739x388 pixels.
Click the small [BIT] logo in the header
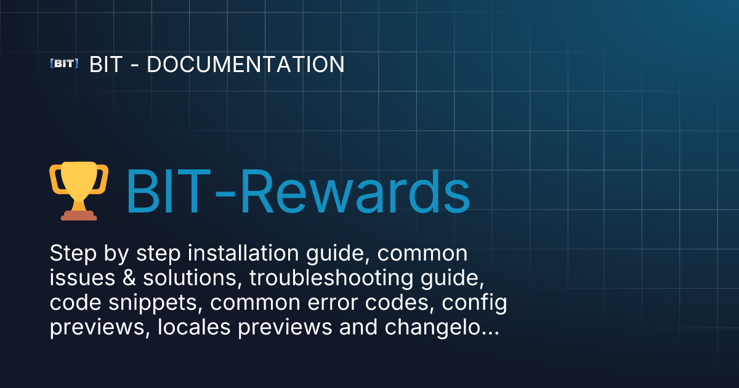pos(64,63)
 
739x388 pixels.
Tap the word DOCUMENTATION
pos(246,64)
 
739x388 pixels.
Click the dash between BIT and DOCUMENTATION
pos(135,66)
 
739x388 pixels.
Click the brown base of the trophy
pos(79,216)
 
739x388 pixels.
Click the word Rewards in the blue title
pos(355,192)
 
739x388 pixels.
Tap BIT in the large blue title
pos(169,192)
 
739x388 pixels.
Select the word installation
pos(243,253)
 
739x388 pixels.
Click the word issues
pos(83,278)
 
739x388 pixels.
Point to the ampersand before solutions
pos(129,278)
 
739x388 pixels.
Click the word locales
pos(194,327)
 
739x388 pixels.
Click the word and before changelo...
pos(358,327)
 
